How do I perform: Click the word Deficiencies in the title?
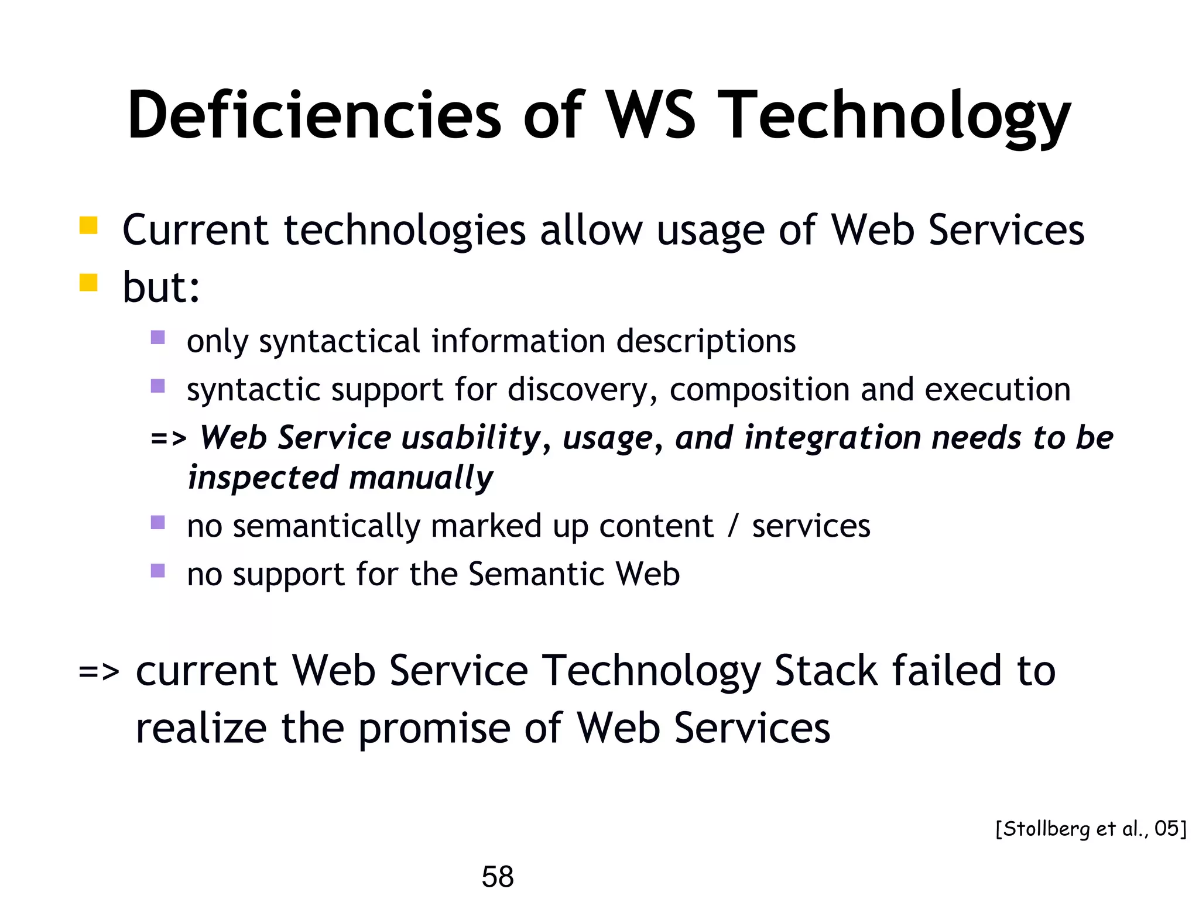point(314,115)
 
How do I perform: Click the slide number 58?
point(497,876)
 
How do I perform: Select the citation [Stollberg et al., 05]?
point(1091,828)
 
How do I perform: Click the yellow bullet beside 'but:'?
point(88,283)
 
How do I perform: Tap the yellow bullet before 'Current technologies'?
point(88,225)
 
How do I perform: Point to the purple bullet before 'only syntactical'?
point(157,337)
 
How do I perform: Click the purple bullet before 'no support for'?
point(157,570)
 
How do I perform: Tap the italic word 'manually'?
point(421,478)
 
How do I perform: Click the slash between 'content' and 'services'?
point(732,526)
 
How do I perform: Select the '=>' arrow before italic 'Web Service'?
point(169,438)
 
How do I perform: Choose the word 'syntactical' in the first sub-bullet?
point(339,342)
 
